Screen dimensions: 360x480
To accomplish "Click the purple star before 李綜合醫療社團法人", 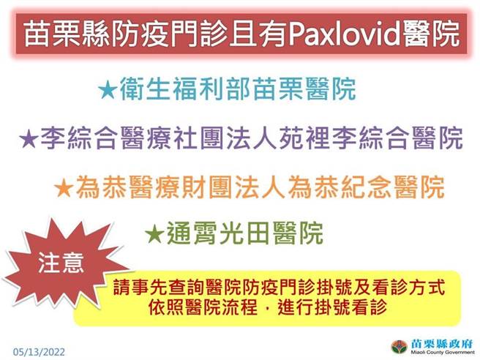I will tap(29, 138).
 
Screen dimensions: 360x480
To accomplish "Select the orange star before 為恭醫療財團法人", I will tap(64, 188).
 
